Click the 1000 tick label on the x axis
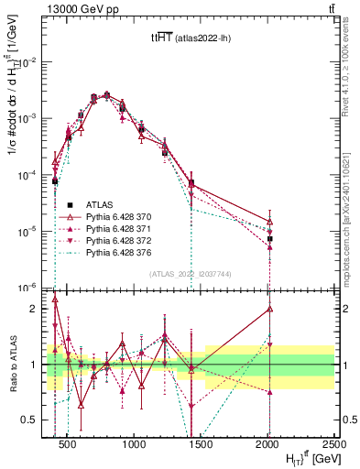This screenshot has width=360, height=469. (135, 444)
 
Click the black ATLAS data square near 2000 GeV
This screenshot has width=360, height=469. (269, 239)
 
